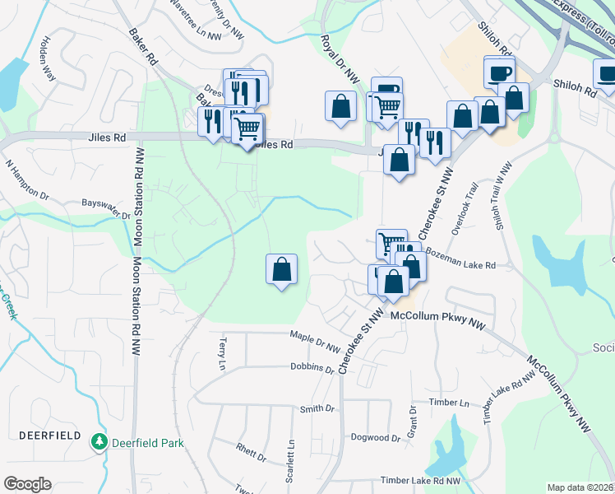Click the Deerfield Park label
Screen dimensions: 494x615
(x=149, y=443)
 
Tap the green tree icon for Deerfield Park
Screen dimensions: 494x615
(x=99, y=443)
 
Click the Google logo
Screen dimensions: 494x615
(x=27, y=484)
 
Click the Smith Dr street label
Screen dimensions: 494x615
(x=317, y=408)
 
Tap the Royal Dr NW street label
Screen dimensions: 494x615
(x=340, y=60)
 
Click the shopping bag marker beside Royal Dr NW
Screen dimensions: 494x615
(x=341, y=105)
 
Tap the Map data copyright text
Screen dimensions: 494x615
(x=580, y=487)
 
